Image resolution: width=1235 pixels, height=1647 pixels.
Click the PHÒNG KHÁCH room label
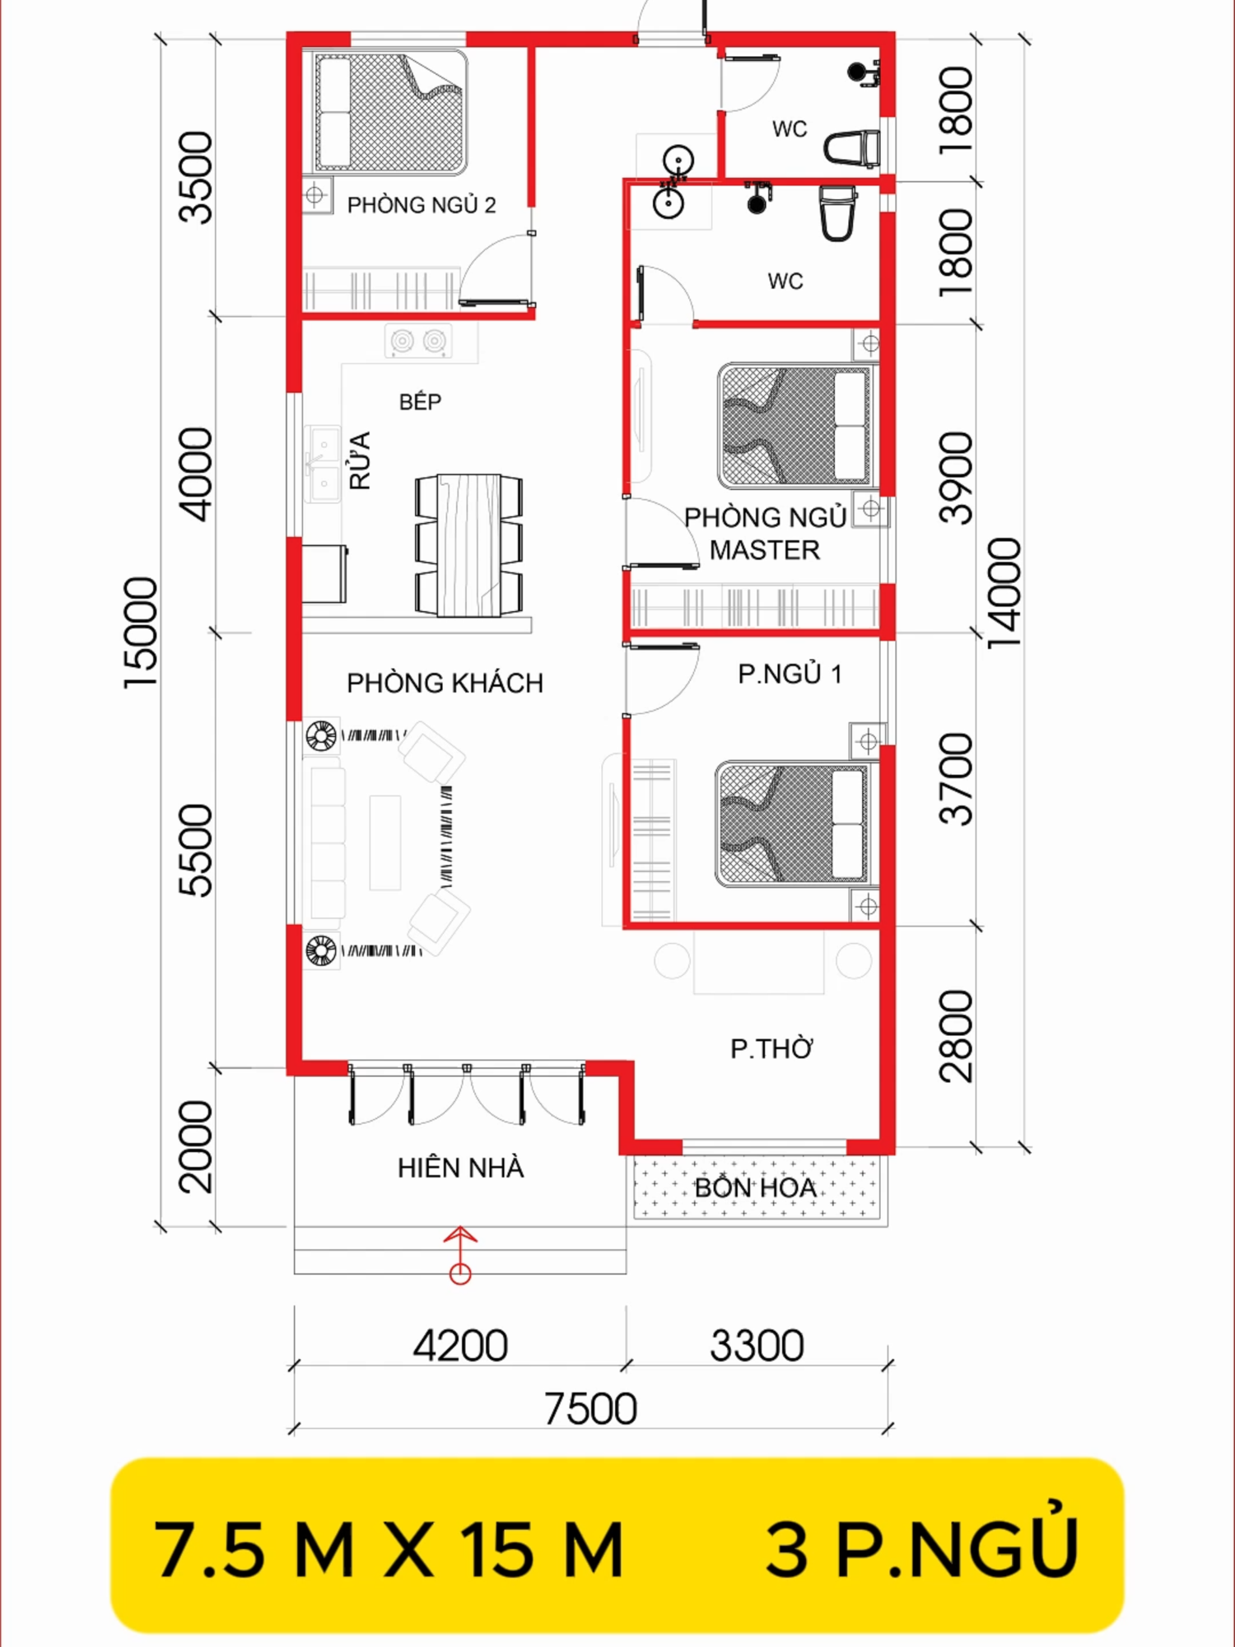tap(445, 683)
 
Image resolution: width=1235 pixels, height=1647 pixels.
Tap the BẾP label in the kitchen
tap(420, 401)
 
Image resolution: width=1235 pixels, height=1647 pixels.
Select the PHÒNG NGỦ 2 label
tap(422, 204)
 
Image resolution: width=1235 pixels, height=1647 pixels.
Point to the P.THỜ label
tap(771, 1048)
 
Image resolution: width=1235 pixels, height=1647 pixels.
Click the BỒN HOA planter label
tap(756, 1187)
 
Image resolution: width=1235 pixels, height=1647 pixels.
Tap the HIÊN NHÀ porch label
tap(460, 1167)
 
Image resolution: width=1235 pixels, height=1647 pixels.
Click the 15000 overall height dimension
tap(141, 633)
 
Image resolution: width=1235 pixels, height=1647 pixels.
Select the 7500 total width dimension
tap(590, 1408)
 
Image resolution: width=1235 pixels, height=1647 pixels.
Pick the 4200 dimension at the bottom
tap(460, 1346)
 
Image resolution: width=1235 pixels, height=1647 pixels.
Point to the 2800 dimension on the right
tap(956, 1036)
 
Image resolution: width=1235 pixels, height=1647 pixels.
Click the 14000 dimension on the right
tap(1004, 593)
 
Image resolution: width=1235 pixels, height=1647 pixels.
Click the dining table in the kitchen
tap(468, 545)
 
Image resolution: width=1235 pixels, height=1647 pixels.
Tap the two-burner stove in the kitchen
tap(417, 340)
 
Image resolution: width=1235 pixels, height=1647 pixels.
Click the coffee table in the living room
tap(384, 842)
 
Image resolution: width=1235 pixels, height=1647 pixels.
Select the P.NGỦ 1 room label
tap(790, 674)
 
